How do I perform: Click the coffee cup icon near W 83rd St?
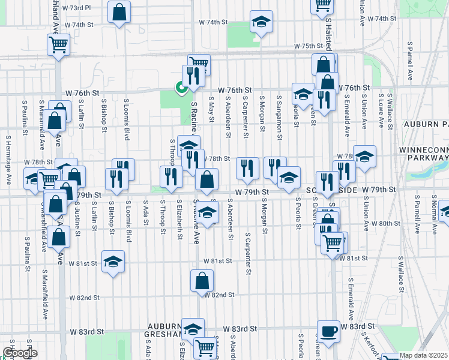pyautogui.click(x=328, y=331)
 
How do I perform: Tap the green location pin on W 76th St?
pyautogui.click(x=180, y=88)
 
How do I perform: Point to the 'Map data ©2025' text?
pyautogui.click(x=423, y=355)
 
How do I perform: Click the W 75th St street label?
pyautogui.click(x=309, y=46)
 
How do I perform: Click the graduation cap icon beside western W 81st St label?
pyautogui.click(x=112, y=261)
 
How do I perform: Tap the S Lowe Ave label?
pyautogui.click(x=381, y=110)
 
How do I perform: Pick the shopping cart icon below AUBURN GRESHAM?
pyautogui.click(x=205, y=346)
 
